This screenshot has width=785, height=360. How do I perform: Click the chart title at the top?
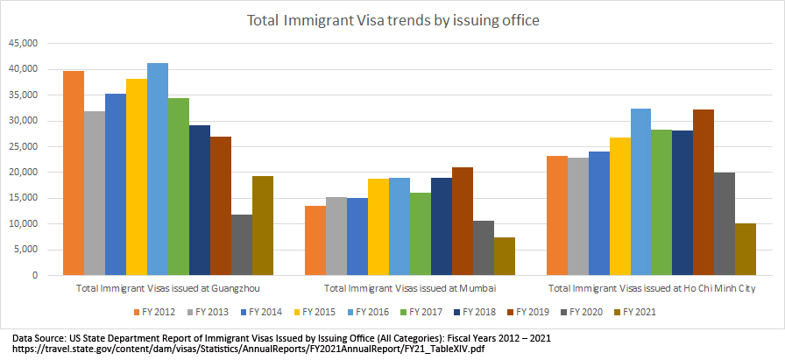click(392, 18)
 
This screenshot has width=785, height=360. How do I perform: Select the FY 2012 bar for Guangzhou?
click(74, 173)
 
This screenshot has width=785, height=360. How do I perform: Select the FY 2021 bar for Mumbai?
click(504, 256)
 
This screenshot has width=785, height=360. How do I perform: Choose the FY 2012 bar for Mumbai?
click(315, 241)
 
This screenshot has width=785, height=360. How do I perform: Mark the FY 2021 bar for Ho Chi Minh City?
click(746, 250)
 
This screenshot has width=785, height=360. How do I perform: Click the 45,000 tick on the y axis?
click(25, 43)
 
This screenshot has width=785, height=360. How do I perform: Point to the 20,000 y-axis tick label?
click(25, 173)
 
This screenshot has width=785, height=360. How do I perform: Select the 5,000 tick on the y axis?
click(27, 250)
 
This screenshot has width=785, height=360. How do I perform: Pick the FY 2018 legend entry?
click(477, 311)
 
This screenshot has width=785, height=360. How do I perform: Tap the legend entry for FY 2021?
click(638, 311)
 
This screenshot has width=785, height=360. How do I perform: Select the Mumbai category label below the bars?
click(410, 288)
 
